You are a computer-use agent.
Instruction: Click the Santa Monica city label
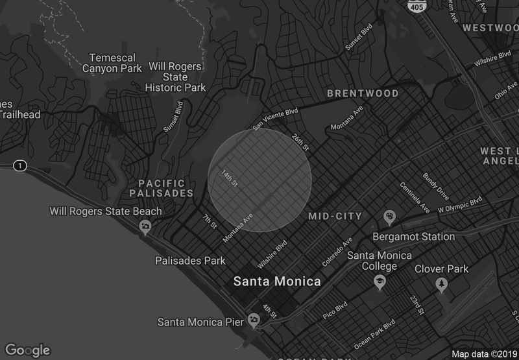click(277, 282)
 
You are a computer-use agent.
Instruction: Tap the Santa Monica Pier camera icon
click(254, 320)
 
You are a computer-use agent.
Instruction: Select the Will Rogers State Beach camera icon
click(145, 226)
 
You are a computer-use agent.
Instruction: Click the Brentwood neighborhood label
click(363, 93)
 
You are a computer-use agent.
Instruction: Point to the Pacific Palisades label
click(162, 188)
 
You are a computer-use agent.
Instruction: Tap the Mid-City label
click(335, 216)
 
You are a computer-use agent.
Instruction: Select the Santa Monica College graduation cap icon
click(380, 280)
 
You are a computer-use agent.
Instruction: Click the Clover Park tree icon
click(442, 284)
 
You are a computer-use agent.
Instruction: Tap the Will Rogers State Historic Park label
click(175, 77)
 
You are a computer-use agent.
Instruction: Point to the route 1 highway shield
click(21, 167)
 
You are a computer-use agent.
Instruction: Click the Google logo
click(27, 350)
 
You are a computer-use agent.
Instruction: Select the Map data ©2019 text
click(483, 354)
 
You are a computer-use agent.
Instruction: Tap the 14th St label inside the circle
click(231, 180)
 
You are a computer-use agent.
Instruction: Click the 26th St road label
click(300, 142)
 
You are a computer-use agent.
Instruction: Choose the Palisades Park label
click(190, 261)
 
